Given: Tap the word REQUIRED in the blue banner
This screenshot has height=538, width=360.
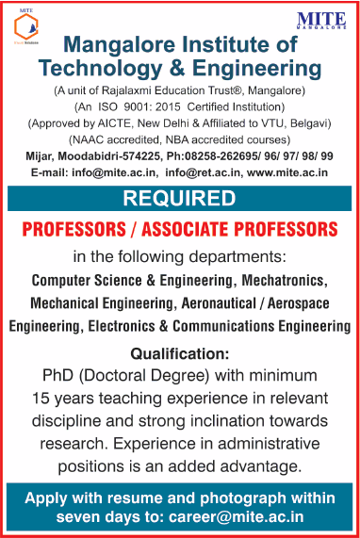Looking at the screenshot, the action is coord(179,199).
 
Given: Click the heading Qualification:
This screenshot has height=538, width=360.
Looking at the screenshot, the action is coord(179,354).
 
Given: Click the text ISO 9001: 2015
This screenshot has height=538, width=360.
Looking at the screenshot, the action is coord(155,106).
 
